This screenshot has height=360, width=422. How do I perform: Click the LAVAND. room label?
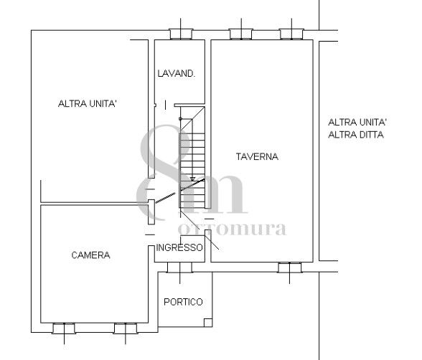click(176, 73)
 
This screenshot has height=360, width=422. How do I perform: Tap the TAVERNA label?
click(257, 156)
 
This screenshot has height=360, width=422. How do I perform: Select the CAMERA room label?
click(90, 255)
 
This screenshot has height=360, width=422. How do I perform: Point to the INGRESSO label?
click(179, 247)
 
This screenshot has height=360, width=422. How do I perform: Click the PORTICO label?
click(183, 302)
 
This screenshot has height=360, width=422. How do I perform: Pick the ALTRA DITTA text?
click(356, 134)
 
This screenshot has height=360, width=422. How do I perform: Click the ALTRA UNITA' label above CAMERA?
click(88, 103)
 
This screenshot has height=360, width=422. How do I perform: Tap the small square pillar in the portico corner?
click(208, 323)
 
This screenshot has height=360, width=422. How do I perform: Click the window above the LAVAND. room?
click(181, 34)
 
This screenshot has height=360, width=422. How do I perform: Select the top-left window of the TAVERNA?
click(241, 34)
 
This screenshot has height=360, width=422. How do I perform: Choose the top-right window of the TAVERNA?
click(291, 34)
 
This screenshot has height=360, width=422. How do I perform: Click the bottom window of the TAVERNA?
click(290, 267)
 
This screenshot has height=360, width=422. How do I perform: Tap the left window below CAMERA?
click(64, 328)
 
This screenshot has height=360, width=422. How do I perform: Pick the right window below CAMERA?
click(125, 328)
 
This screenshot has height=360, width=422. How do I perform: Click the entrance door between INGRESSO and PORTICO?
click(179, 267)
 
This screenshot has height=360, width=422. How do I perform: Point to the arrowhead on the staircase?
click(192, 179)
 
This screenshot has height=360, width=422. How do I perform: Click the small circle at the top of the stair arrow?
click(180, 118)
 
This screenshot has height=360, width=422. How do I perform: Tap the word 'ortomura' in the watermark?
click(232, 229)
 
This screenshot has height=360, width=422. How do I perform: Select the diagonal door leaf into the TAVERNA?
click(212, 240)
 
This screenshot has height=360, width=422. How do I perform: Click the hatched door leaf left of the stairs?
click(166, 198)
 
